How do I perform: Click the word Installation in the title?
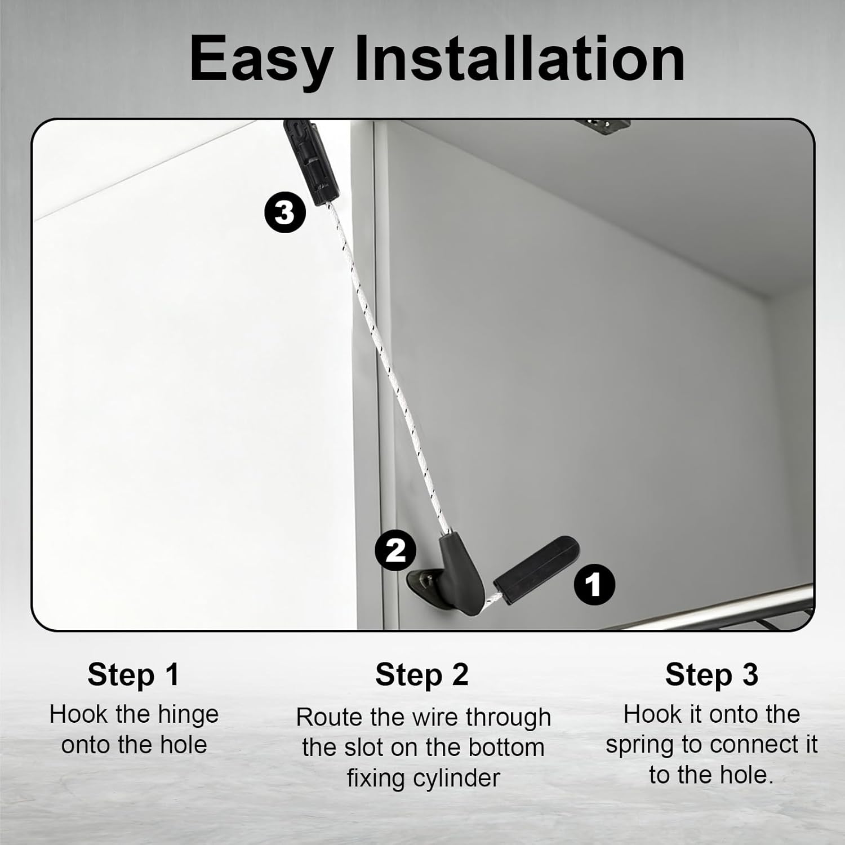pos(519,58)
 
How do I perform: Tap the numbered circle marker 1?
pos(594,585)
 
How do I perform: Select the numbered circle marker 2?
pos(395,550)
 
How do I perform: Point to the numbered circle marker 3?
pos(285,213)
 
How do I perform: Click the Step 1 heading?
pos(134,674)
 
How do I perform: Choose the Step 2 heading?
pos(422,674)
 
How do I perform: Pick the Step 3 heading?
pos(711,674)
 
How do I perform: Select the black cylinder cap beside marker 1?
pos(537,570)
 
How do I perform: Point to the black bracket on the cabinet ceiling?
pos(602,126)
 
